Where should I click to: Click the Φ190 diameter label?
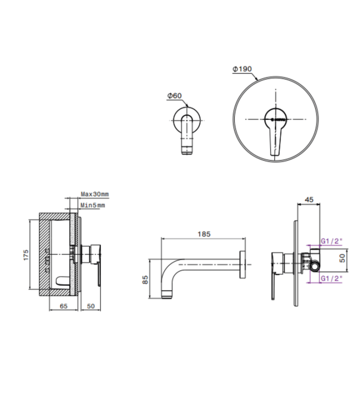(x=242, y=69)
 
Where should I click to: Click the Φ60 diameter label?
(x=175, y=95)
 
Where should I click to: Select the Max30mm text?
(x=94, y=195)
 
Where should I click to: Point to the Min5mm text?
(x=93, y=205)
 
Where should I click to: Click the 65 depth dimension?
(x=63, y=306)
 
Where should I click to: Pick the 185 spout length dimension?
(x=204, y=233)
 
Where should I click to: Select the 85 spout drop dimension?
(x=145, y=280)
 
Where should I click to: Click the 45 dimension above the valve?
(x=309, y=199)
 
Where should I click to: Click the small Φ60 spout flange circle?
(x=187, y=119)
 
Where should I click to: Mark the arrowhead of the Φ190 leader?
(x=257, y=79)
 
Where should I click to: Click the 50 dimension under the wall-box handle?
(x=90, y=306)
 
